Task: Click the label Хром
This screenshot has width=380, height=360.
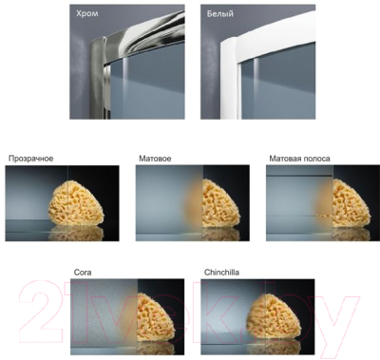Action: tap(87, 13)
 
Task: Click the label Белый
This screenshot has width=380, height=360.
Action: tap(220, 13)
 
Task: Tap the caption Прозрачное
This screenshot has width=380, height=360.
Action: tap(30, 159)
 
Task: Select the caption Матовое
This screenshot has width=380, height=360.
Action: tap(155, 159)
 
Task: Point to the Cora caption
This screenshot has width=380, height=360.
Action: tap(83, 273)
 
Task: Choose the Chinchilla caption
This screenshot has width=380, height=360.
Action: tap(221, 273)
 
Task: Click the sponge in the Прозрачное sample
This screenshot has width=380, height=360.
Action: tap(77, 202)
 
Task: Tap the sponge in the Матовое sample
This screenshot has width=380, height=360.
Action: tap(216, 202)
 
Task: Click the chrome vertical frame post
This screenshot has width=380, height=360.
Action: tap(99, 78)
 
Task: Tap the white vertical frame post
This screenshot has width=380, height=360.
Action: tap(230, 79)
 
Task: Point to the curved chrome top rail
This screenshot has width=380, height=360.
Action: tap(145, 27)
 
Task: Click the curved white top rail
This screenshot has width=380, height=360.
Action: tap(275, 28)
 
